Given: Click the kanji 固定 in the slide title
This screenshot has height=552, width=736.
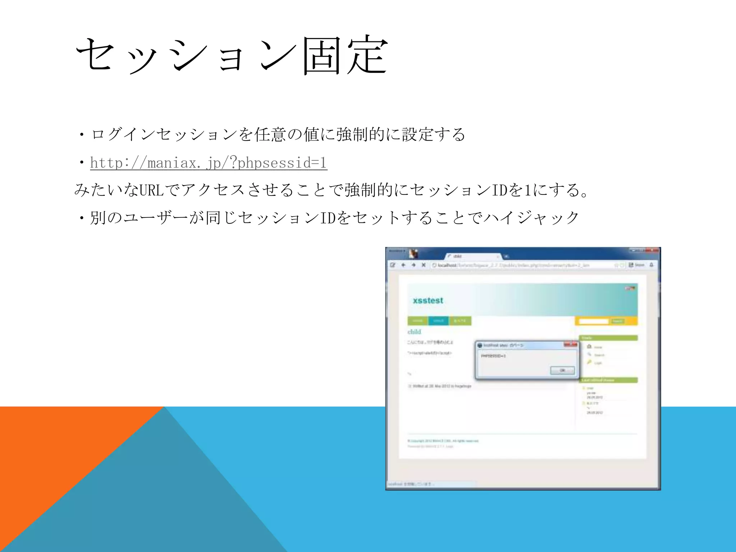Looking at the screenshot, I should pos(345,56).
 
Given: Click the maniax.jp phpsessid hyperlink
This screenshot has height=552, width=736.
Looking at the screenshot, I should pos(208,163).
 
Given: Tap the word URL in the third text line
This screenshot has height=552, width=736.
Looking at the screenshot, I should pos(151,190).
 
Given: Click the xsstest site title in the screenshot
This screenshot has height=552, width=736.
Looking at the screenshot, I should pos(428,300).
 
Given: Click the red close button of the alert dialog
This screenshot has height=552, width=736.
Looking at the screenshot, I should pos(570,345).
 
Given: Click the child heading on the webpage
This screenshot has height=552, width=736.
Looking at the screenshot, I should pos(414,331).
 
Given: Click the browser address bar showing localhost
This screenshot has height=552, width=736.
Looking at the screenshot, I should pos(521,265).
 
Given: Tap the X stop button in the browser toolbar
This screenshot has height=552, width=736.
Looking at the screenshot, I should pos(424,265).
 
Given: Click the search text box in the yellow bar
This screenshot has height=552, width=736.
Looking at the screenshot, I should pos(594,321).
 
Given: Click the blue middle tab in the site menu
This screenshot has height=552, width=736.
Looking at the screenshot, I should pos(438,321).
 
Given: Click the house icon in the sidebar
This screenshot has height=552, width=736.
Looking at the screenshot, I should pos(589,346).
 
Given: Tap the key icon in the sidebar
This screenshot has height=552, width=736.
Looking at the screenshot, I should pos(589,362).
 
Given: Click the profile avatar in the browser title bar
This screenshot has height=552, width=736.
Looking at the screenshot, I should pos(414,254).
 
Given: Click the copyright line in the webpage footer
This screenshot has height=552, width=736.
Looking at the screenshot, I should pos(443,441).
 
